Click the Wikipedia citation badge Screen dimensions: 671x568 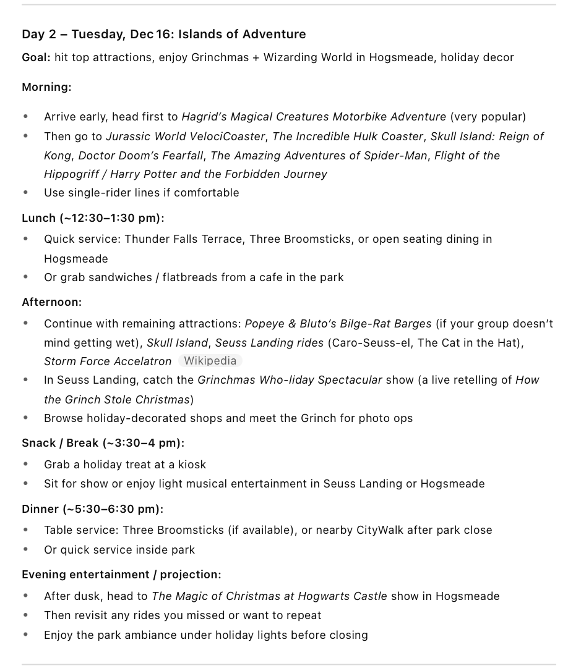tap(210, 361)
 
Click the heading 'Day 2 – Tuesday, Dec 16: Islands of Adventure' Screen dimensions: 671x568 tap(163, 34)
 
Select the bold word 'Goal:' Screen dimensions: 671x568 tap(36, 57)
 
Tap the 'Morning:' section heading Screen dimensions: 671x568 tap(46, 87)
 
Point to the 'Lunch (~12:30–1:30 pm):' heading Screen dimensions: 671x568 tap(93, 217)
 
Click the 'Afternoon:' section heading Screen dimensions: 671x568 tap(51, 302)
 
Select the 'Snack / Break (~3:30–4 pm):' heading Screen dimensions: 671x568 tap(103, 443)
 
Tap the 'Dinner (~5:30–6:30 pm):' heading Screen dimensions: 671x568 tap(92, 509)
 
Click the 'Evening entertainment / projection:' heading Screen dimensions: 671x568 tap(121, 575)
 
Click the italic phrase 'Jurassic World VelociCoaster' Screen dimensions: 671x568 tap(186, 136)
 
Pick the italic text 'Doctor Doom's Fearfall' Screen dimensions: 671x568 tap(141, 155)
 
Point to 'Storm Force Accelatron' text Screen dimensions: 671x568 tap(108, 361)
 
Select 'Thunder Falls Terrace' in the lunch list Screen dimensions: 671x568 tap(183, 239)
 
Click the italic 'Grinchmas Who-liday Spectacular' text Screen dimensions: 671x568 tap(290, 380)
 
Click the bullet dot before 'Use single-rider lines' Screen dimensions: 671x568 tap(25, 193)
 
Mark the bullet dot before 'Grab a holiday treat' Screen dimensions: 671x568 tap(25, 465)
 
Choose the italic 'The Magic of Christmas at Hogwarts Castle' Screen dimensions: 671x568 tap(269, 596)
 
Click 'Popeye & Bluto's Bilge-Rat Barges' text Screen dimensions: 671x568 tap(338, 324)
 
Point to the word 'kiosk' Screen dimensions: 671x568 tap(192, 465)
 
